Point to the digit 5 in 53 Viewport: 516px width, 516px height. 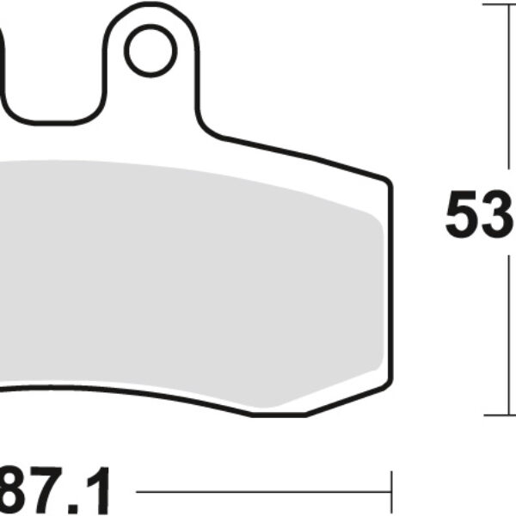pyautogui.click(x=463, y=216)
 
